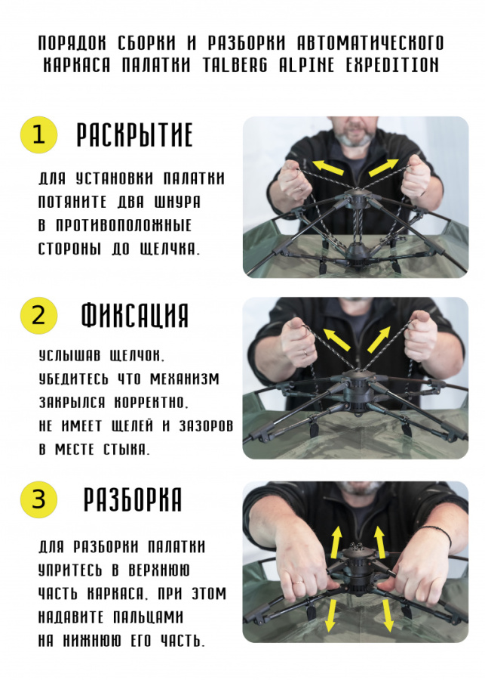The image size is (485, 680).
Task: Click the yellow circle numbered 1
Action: [38, 134]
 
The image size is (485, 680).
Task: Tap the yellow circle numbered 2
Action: [38, 314]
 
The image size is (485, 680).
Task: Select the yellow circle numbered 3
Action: [38, 499]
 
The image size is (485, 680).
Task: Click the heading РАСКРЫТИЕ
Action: [135, 135]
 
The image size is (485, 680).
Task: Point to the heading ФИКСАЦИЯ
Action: [135, 315]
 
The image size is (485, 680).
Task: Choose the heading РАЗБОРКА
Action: [133, 499]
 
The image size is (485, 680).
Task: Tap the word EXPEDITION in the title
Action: [393, 65]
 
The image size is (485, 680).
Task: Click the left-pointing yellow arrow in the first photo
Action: [329, 167]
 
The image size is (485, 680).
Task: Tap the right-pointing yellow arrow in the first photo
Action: [382, 167]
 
